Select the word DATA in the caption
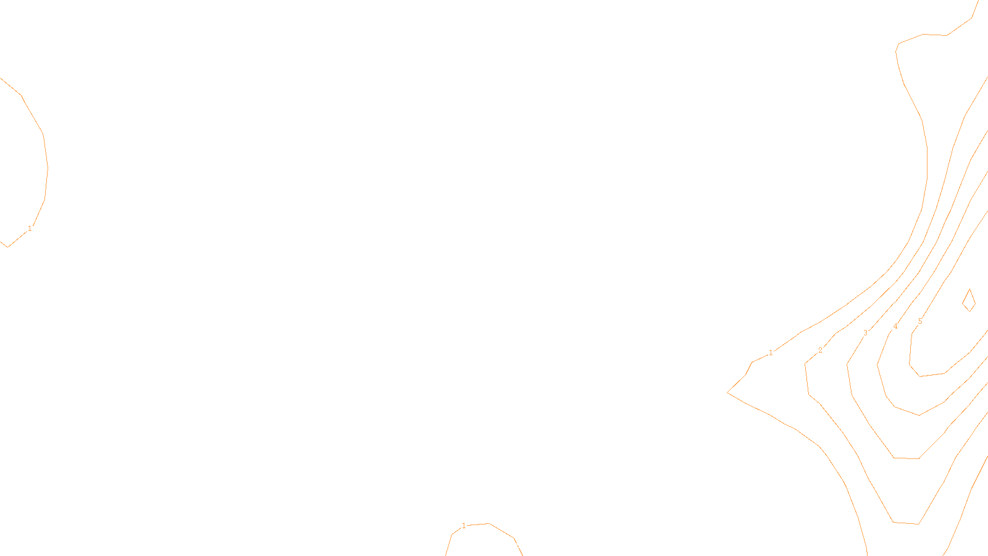[522, 545]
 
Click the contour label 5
[920, 321]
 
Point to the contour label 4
[895, 326]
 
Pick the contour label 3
[865, 332]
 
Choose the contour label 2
[820, 350]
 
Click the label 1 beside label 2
[771, 353]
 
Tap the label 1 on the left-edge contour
[30, 229]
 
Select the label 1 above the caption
[464, 526]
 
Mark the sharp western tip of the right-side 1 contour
[728, 392]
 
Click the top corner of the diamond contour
[969, 289]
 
